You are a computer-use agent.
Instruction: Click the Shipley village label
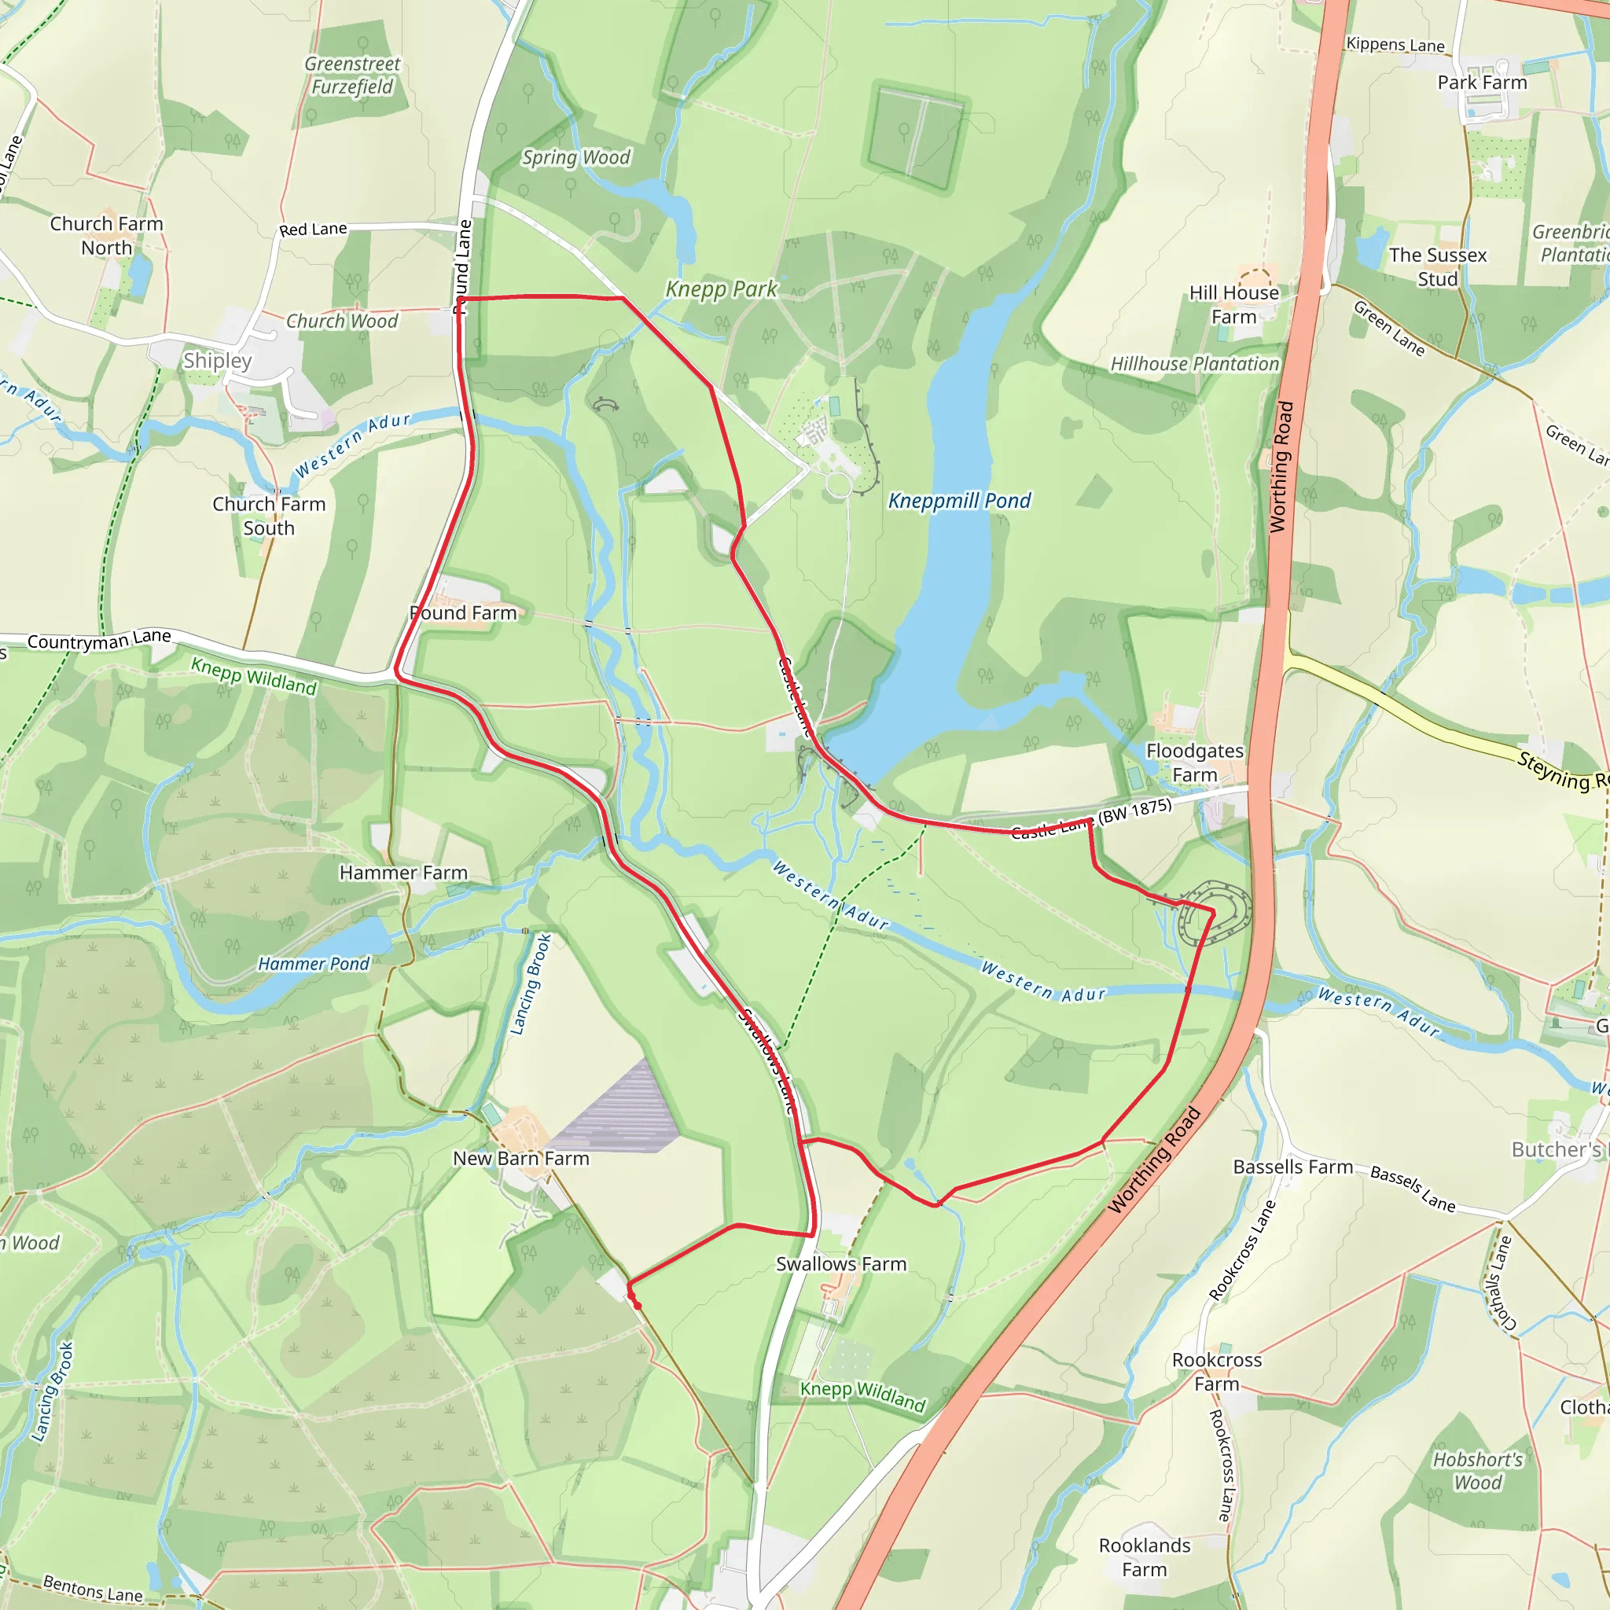pos(217,361)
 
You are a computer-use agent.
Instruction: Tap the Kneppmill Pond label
pos(959,501)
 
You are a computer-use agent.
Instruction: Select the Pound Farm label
pos(463,613)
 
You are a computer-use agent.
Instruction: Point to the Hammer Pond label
pos(314,964)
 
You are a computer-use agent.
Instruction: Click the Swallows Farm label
pos(841,1264)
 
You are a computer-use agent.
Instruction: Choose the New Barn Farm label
pos(521,1158)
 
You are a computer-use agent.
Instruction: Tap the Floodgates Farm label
pos(1194,763)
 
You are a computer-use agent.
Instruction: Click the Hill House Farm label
pos(1233,305)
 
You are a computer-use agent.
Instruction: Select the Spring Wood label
pos(575,157)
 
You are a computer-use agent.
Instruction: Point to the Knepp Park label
pos(721,289)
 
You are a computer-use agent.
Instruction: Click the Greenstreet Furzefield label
pos(351,75)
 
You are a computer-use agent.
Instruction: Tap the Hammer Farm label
pos(403,873)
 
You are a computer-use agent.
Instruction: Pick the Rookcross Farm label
pos(1217,1372)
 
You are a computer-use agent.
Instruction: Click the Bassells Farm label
pos(1292,1167)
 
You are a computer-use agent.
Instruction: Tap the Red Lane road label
pos(313,230)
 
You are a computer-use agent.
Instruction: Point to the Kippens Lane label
pos(1395,44)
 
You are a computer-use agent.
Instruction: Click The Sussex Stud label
pos(1438,266)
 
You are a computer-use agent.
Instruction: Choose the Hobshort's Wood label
pos(1477,1471)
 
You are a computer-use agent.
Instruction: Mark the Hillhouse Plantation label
pos(1194,364)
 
